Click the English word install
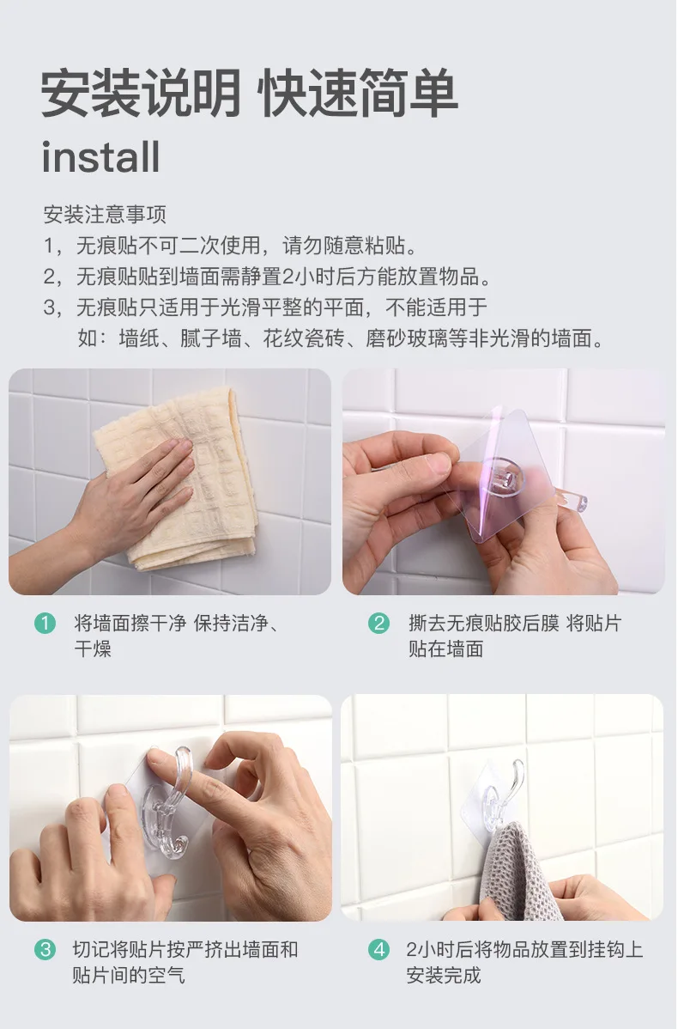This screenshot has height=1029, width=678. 100,157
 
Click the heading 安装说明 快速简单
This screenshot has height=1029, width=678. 249,93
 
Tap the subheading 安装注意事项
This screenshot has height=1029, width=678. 105,214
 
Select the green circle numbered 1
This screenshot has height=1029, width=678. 45,623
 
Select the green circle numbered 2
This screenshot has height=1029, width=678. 379,623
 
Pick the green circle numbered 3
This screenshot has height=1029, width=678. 45,949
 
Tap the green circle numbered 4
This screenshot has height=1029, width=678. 379,949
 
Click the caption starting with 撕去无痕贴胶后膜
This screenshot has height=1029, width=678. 515,636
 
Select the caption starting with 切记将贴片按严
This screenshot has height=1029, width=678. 185,962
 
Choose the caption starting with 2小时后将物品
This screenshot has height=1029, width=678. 524,962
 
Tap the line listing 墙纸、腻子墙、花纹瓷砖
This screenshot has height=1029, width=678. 341,338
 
